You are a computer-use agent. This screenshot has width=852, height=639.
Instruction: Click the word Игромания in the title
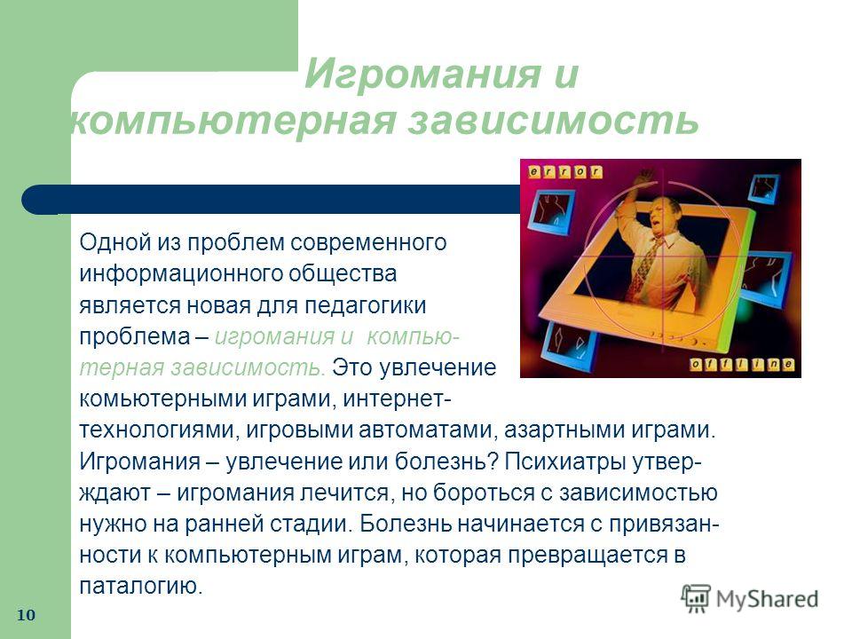pos(423,74)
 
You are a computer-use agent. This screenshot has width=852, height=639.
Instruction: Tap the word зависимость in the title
pos(553,120)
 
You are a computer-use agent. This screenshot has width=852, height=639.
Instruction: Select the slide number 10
pos(26,615)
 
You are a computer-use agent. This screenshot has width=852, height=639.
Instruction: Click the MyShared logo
pos(750,599)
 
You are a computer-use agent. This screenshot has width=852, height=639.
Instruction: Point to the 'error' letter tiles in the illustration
pos(565,171)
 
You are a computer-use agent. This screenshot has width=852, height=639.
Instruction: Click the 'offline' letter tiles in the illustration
pos(742,365)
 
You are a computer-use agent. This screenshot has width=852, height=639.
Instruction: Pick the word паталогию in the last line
pos(141,587)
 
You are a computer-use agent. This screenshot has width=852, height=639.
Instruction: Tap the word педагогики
pos(365,306)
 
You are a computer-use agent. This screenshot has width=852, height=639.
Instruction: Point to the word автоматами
pos(430,430)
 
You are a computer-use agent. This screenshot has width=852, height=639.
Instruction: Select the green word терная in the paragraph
pos(122,367)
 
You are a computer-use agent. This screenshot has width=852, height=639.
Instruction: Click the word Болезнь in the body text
pos(405,524)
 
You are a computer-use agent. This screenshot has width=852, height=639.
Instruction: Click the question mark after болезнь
pos(493,461)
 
